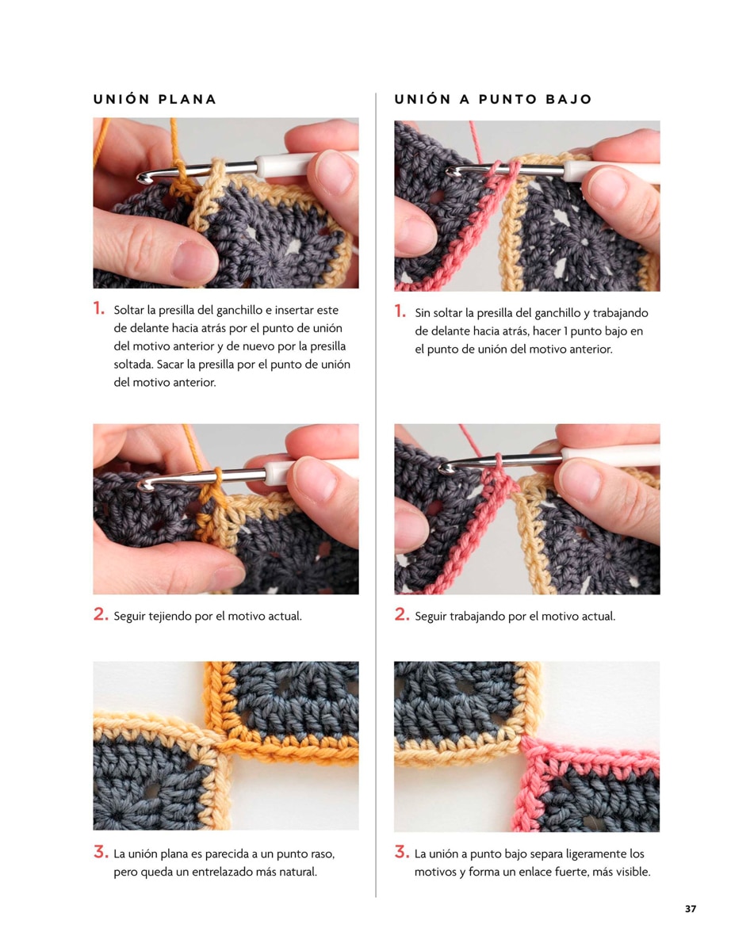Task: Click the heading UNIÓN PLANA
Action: [x=155, y=99]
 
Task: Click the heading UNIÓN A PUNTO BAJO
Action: [x=493, y=99]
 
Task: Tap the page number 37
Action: [x=691, y=908]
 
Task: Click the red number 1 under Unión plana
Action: [x=98, y=308]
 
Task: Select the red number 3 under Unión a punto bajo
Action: [x=401, y=852]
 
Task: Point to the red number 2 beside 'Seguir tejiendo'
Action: [x=100, y=614]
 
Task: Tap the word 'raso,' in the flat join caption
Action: [x=323, y=854]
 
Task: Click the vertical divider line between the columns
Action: [x=376, y=495]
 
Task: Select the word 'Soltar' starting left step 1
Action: [x=129, y=310]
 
